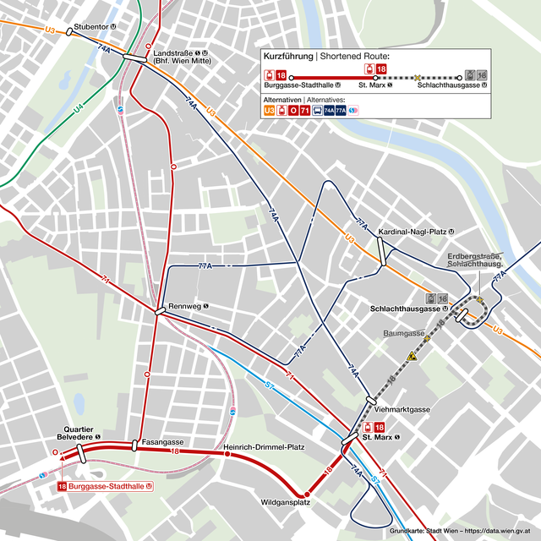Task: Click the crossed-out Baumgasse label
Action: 402,333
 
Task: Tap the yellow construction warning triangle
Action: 412,357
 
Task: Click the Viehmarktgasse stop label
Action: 402,409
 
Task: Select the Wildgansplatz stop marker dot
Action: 307,494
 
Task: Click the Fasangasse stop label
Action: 162,442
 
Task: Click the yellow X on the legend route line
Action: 417,78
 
